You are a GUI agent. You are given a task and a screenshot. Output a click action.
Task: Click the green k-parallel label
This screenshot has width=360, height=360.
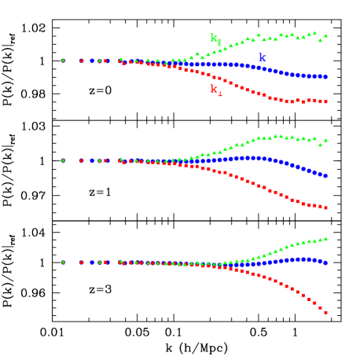click(215, 39)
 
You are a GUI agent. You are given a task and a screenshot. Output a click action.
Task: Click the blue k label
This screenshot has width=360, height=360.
click(262, 58)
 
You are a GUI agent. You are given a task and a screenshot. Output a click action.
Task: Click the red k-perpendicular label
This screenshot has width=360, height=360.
click(215, 90)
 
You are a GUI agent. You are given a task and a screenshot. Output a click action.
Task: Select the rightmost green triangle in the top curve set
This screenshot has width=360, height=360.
click(325, 35)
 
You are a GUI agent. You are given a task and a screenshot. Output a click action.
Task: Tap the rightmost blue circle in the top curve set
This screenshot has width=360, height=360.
click(325, 77)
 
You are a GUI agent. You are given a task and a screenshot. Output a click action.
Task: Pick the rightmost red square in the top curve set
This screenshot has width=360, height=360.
click(325, 101)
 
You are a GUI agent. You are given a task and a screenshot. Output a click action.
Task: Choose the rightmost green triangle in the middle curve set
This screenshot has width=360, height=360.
click(325, 140)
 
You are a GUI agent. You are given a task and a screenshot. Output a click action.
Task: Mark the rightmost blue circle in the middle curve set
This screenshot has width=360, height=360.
click(325, 176)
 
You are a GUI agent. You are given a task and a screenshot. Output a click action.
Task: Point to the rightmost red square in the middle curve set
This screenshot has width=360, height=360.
click(325, 208)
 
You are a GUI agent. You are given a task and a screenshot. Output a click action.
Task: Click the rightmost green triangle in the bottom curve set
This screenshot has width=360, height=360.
click(325, 238)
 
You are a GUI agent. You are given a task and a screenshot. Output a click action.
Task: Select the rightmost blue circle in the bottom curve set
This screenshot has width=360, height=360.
click(325, 263)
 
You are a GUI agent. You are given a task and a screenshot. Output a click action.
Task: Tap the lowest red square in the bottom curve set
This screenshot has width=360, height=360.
click(325, 312)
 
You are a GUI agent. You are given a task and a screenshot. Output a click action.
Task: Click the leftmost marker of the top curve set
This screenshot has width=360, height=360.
click(63, 60)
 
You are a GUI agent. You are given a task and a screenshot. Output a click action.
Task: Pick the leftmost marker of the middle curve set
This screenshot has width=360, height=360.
click(63, 160)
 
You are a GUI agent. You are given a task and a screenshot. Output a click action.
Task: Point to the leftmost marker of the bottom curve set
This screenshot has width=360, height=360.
click(63, 262)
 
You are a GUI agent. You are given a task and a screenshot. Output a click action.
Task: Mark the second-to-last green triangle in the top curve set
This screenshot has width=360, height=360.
click(320, 39)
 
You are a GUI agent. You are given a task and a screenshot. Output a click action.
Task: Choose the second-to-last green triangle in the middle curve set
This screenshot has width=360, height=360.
click(320, 145)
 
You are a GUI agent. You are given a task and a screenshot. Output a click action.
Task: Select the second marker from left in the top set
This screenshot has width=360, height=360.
click(81, 61)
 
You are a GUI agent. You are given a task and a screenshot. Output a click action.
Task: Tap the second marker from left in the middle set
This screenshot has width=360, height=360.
click(81, 160)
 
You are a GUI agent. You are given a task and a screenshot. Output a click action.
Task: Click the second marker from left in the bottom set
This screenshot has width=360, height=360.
click(81, 262)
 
